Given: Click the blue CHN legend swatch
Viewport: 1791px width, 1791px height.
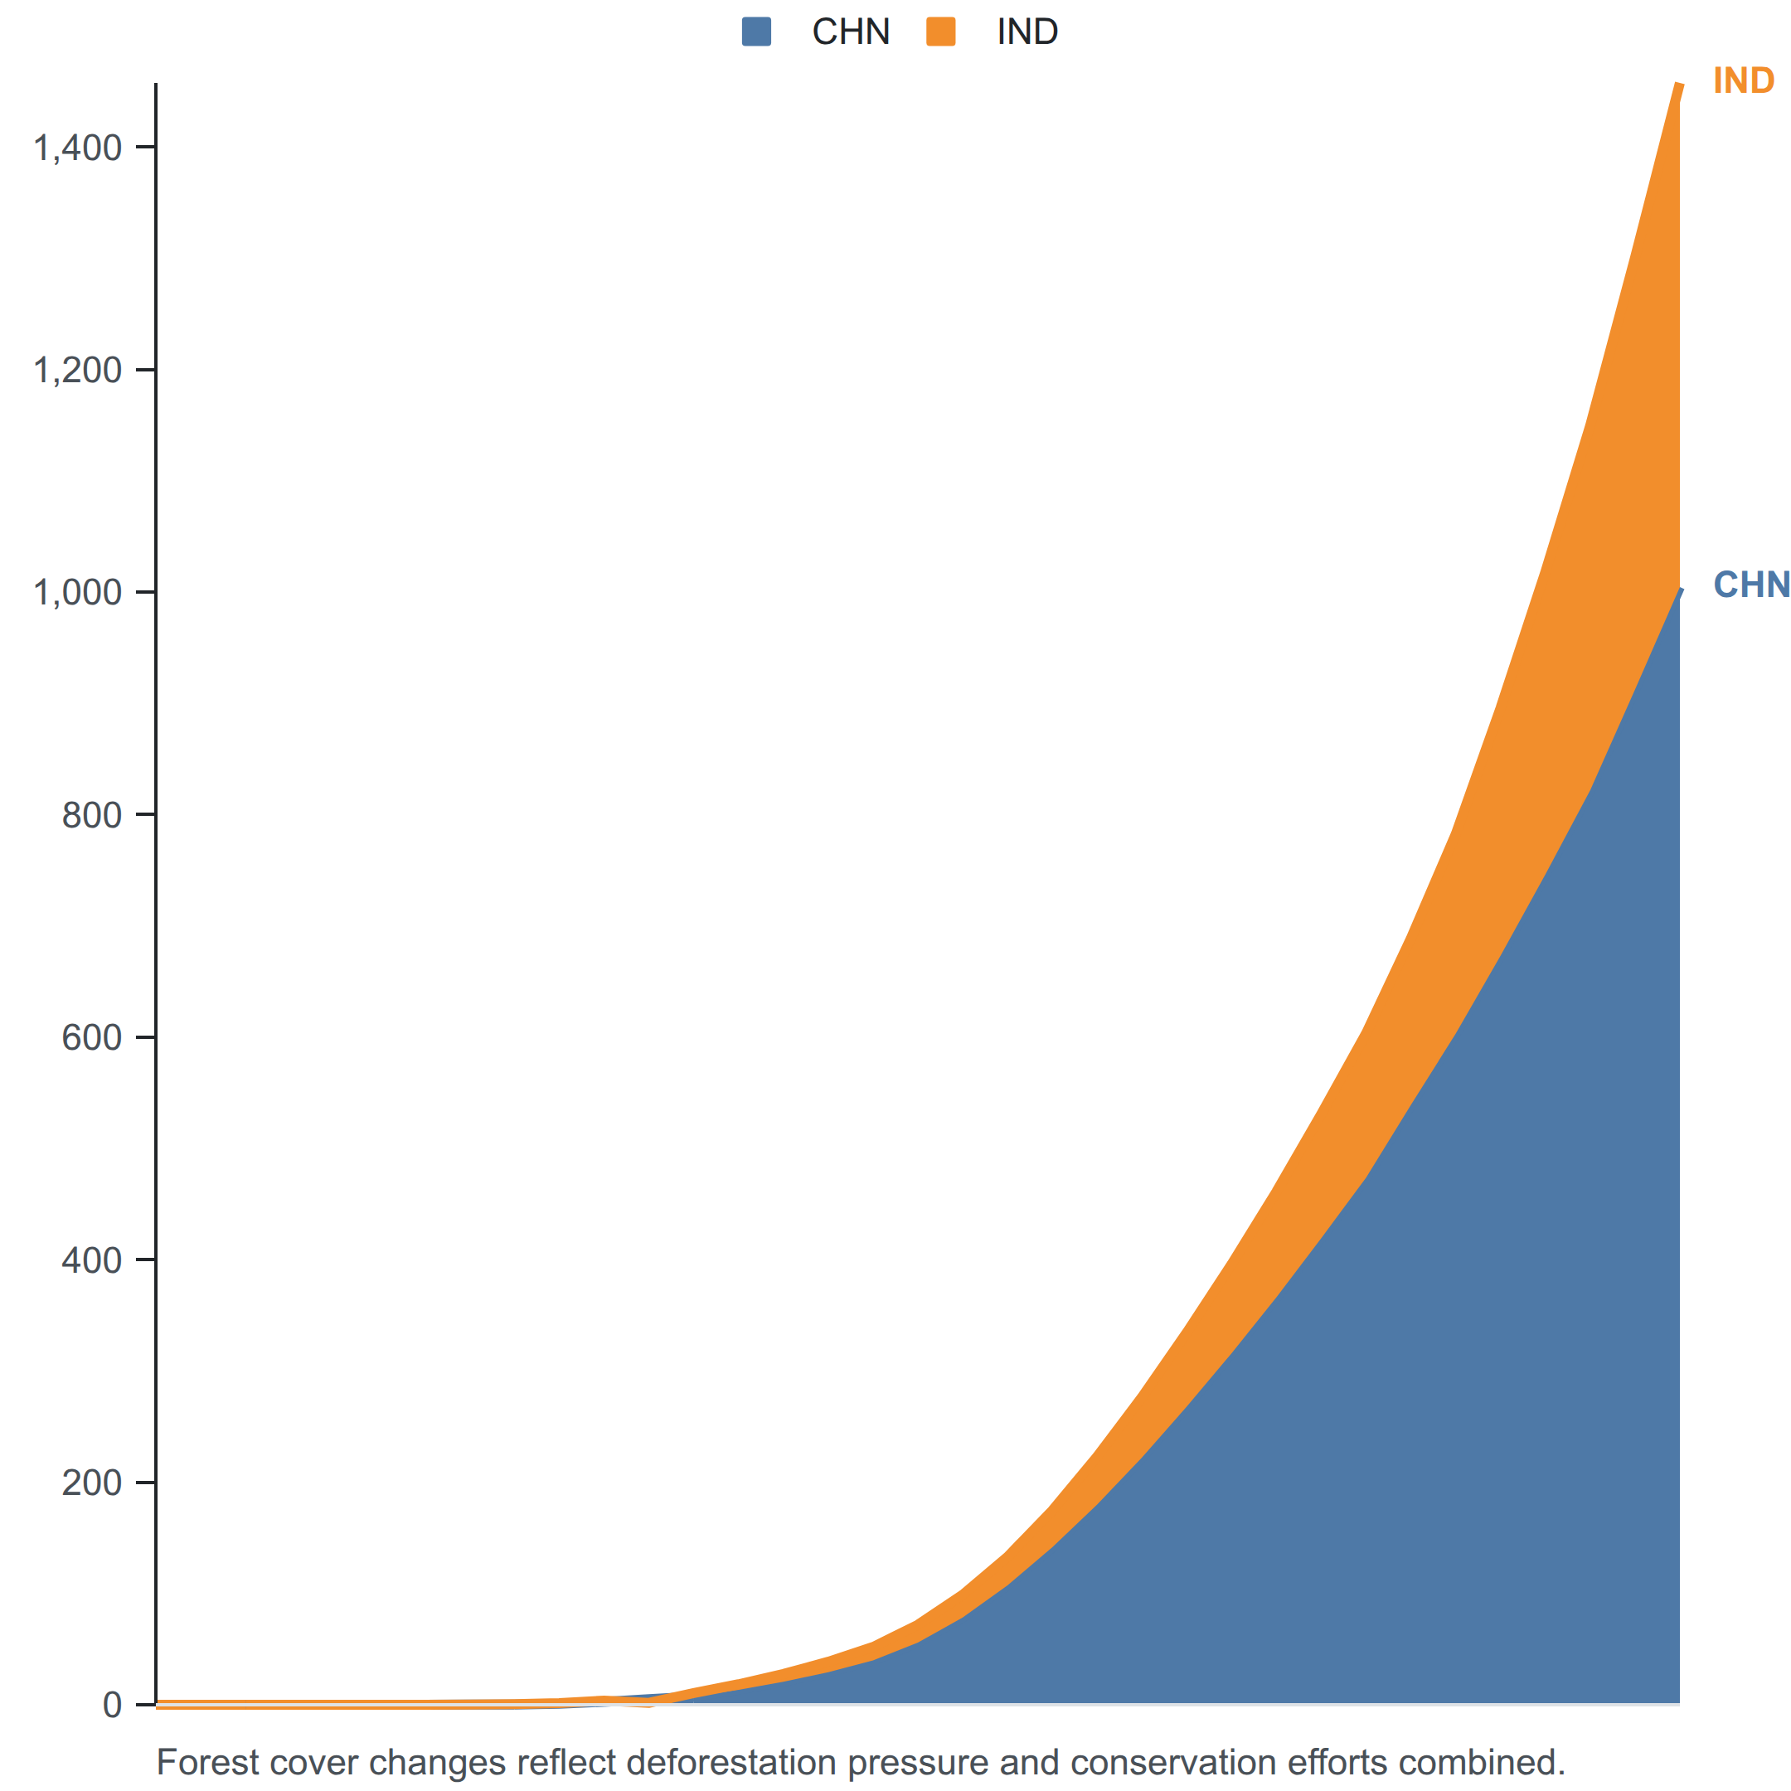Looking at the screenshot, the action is [x=756, y=32].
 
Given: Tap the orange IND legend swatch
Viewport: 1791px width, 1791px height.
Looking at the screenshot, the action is [x=941, y=32].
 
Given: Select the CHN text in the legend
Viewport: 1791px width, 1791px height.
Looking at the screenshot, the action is [x=851, y=32].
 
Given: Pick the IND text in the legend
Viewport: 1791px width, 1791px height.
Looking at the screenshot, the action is [x=1027, y=32].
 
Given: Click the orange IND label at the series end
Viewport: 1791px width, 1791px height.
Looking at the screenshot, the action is [x=1743, y=80].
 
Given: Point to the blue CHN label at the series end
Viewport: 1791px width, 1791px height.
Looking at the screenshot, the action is [x=1751, y=585].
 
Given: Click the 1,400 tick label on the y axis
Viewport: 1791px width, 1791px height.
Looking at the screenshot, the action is [x=78, y=148].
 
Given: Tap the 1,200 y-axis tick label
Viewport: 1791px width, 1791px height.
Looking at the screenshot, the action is [x=78, y=370].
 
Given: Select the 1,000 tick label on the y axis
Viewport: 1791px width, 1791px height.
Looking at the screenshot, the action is [x=78, y=592].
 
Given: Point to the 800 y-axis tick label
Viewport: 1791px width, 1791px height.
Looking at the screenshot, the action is [x=92, y=815].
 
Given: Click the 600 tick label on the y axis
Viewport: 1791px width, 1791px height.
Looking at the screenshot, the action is [x=92, y=1037].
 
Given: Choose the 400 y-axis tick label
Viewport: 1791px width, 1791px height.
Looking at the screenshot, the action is [x=92, y=1260].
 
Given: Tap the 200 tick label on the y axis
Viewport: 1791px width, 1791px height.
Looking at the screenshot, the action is [x=92, y=1483].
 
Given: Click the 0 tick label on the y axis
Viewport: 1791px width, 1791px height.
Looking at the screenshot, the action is [x=112, y=1705].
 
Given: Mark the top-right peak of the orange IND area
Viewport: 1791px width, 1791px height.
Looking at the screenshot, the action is [x=1679, y=85].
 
